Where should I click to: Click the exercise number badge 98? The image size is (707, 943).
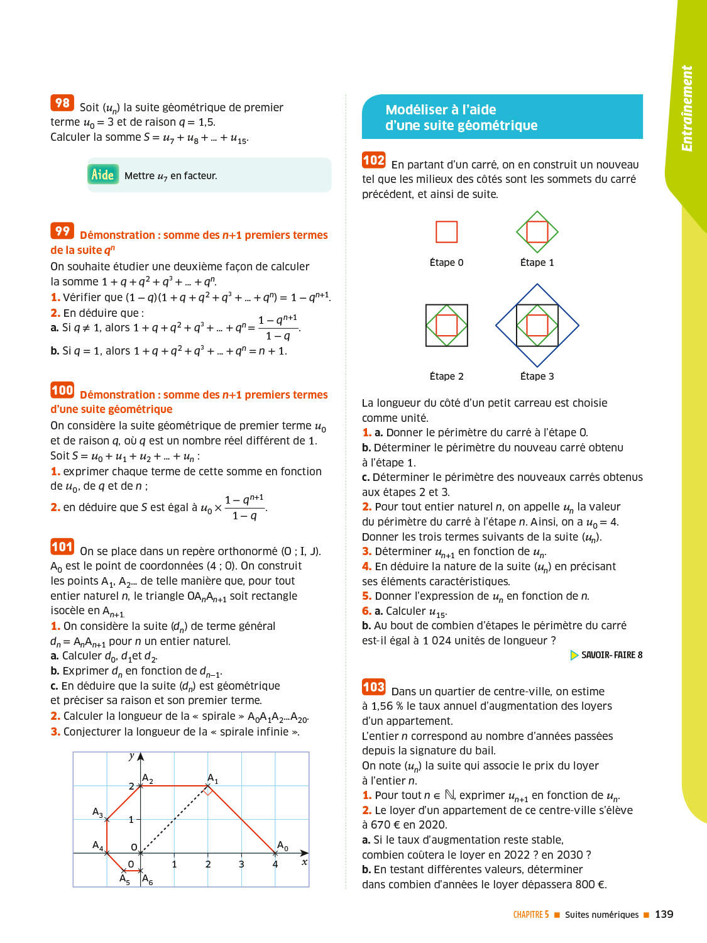62,103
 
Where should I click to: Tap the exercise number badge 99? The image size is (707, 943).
62,231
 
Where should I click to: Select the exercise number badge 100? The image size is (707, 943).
62,390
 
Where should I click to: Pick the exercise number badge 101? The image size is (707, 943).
62,547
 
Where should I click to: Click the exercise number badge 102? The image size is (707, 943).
373,160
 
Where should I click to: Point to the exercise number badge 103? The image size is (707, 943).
373,687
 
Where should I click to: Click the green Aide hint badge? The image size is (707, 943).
103,175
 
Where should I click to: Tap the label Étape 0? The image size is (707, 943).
446,263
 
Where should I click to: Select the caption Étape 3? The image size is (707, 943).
537,377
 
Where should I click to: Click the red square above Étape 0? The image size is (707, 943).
446,232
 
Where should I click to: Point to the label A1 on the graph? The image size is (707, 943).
213,779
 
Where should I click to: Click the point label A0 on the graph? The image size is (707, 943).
283,846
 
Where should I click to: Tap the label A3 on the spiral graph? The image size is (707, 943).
97,812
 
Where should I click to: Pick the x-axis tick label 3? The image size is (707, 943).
241,864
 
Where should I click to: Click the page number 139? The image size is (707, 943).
664,915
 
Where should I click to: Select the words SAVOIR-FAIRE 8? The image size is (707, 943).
611,655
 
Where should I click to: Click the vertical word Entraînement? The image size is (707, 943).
687,108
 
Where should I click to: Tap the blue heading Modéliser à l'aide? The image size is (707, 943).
441,110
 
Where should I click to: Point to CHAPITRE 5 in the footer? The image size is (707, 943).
531,915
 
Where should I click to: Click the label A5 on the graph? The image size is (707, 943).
124,878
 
